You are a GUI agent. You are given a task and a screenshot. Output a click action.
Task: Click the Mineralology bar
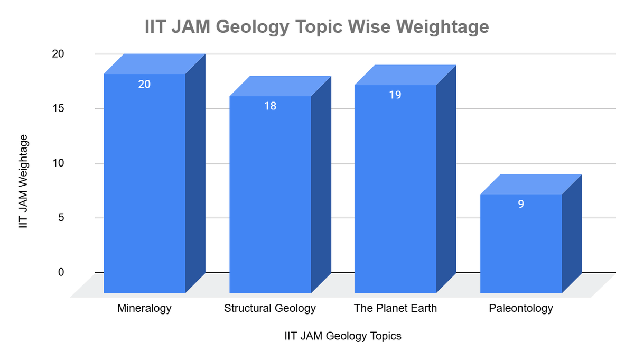tap(144, 185)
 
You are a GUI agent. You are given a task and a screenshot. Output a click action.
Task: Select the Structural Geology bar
tap(270, 196)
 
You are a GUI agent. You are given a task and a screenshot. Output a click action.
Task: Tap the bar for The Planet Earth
tap(395, 190)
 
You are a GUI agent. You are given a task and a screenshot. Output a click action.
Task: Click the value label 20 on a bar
tap(144, 84)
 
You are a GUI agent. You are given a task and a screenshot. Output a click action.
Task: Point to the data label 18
tap(270, 106)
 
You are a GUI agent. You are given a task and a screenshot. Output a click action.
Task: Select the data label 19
tap(395, 95)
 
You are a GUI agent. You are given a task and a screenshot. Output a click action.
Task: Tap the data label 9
tap(521, 204)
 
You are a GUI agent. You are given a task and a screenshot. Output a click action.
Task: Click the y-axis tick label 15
tap(58, 108)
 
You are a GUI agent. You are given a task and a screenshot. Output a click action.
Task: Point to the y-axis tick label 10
tap(58, 163)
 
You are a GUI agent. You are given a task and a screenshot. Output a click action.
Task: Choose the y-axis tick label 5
tap(61, 218)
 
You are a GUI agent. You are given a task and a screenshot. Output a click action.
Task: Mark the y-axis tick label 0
tap(61, 272)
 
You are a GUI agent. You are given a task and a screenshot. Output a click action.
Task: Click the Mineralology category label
tap(144, 308)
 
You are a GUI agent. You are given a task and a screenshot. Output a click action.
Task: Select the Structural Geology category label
tap(270, 308)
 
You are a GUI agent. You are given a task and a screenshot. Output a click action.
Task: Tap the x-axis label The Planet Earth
tap(395, 308)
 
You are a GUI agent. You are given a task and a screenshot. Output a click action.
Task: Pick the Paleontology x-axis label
tap(521, 308)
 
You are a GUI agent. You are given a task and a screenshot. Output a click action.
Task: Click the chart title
tap(317, 26)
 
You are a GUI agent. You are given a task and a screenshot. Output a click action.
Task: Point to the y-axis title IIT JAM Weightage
tap(23, 181)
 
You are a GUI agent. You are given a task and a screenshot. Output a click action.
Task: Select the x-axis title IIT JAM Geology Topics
tap(342, 336)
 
